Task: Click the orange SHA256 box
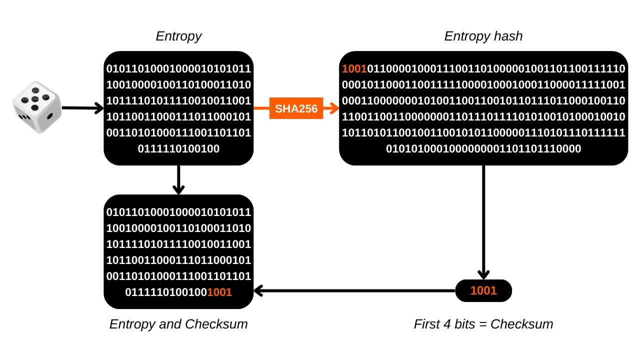pos(296,108)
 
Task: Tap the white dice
pos(37,107)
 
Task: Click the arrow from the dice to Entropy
pos(83,108)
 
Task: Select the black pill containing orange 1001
pos(483,290)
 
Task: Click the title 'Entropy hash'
pos(483,36)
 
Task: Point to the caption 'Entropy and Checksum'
pos(178,324)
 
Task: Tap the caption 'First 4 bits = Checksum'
pos(483,324)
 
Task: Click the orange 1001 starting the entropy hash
pos(354,69)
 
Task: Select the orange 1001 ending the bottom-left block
pos(219,292)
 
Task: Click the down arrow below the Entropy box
pos(178,180)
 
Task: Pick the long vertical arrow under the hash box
pos(483,222)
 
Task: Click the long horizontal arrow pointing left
pos(354,291)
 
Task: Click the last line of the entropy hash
pos(483,149)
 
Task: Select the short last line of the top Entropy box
pos(178,149)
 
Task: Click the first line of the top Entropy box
pos(178,69)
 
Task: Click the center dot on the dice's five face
pos(35,99)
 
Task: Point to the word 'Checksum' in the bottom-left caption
pos(216,324)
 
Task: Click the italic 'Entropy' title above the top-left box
pos(178,36)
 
